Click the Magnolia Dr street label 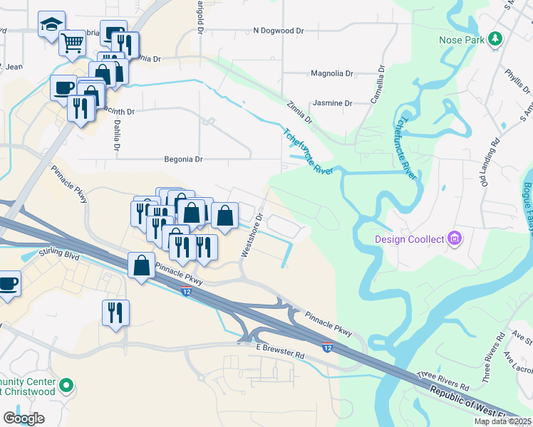(x=332, y=73)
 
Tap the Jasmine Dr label (x=333, y=103)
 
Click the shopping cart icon (x=72, y=43)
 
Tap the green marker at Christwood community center (x=66, y=386)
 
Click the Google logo (x=24, y=418)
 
